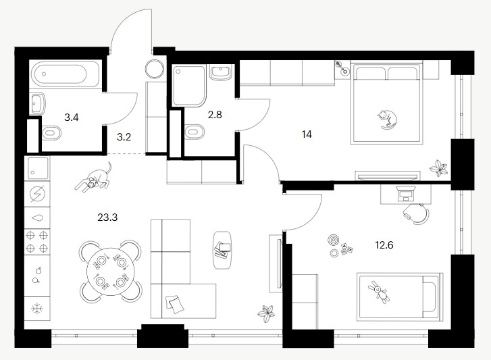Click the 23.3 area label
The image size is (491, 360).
(x=107, y=217)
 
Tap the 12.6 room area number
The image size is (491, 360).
(x=384, y=245)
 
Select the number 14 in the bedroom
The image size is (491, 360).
(x=307, y=134)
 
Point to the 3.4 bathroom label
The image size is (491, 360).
(x=72, y=118)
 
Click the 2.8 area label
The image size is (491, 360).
(x=215, y=115)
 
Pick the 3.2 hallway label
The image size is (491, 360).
(x=124, y=137)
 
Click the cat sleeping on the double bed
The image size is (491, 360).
(x=387, y=120)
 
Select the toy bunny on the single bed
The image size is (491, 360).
(x=379, y=291)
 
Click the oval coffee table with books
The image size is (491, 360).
(x=222, y=250)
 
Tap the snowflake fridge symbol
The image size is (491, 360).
(x=37, y=309)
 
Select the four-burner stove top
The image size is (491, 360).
(x=37, y=241)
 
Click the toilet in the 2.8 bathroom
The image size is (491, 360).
(x=194, y=131)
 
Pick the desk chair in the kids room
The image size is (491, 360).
(x=417, y=214)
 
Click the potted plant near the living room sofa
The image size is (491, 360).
(x=266, y=313)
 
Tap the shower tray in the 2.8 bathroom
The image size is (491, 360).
(x=189, y=86)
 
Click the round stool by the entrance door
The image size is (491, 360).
(x=155, y=69)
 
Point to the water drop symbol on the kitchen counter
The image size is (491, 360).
(x=37, y=218)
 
